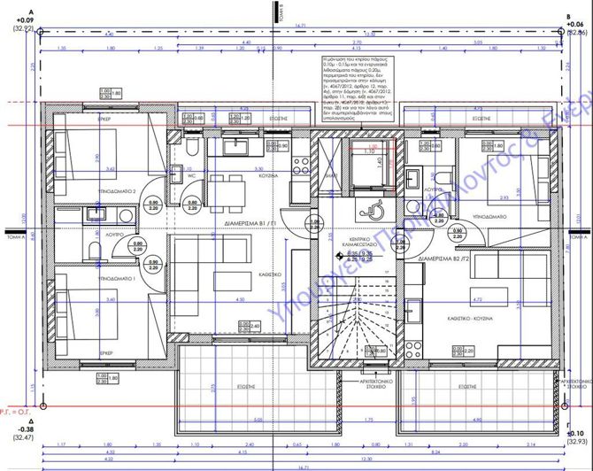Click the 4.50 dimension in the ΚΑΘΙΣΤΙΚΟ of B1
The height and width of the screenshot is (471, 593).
tap(240, 300)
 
